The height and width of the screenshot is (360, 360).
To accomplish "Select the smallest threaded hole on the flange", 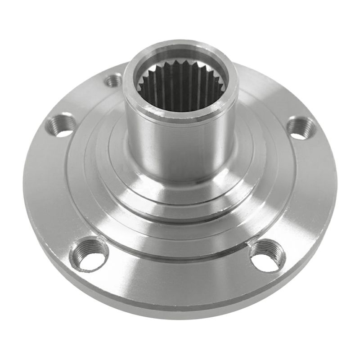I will click(x=113, y=81).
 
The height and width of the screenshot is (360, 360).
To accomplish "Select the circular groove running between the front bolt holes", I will click(x=180, y=261).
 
